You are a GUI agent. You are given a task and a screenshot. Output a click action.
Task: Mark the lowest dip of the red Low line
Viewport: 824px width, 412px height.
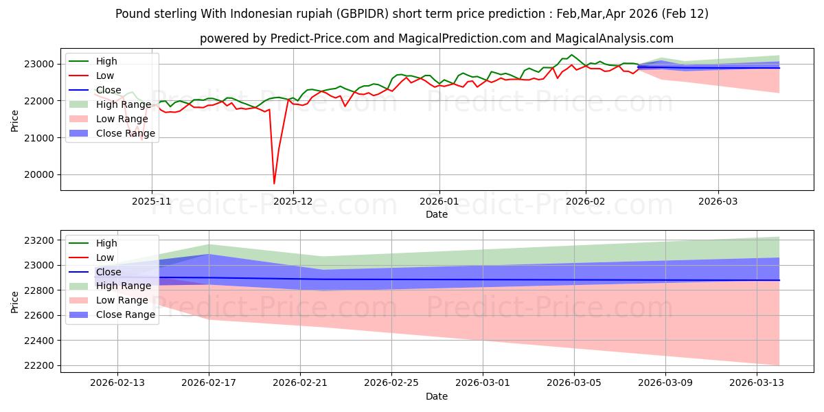coord(274,183)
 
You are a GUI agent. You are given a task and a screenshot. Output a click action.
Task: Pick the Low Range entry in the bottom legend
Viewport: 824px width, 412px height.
coord(122,300)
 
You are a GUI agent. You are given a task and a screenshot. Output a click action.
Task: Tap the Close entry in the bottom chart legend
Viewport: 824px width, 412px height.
coord(108,272)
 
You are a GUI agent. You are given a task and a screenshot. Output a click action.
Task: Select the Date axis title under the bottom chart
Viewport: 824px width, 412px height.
coord(437,396)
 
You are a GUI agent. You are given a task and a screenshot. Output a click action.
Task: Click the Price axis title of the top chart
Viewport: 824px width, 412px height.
coord(16,120)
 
